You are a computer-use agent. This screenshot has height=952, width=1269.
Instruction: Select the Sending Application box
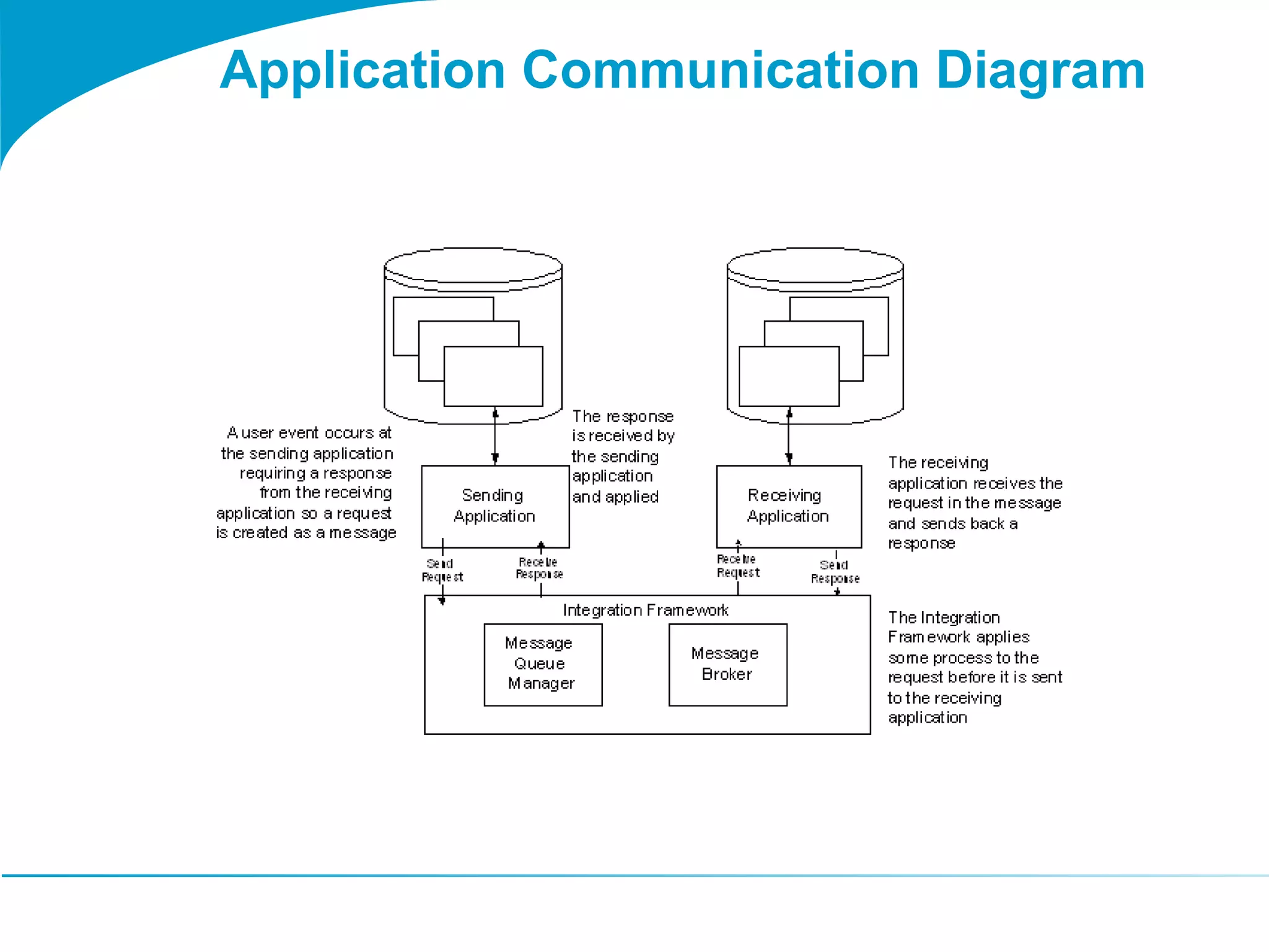(494, 506)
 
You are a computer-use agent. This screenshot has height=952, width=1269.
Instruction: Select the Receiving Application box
(788, 506)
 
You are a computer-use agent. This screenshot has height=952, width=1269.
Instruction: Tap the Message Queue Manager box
(542, 664)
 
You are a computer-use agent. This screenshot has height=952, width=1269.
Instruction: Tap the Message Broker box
(727, 664)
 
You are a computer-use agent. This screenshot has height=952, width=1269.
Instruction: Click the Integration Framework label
(645, 610)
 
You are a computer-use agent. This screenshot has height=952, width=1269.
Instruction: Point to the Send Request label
(442, 570)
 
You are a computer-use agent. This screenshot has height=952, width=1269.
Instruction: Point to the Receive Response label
(539, 568)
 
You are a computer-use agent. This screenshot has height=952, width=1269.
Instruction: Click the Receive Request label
(737, 566)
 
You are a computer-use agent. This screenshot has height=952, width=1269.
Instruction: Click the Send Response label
(835, 572)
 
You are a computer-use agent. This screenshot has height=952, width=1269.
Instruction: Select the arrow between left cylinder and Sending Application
(495, 436)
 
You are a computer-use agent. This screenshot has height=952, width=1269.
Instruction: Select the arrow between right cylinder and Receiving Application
(789, 436)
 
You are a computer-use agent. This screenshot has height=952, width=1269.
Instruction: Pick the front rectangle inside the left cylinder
(493, 376)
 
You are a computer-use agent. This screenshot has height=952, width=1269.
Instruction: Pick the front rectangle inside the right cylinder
(789, 376)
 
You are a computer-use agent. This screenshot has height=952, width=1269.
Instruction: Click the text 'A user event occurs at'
(309, 433)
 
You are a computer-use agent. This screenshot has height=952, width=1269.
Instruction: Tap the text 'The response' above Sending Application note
(622, 416)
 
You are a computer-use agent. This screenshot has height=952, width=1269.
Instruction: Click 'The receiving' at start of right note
(937, 463)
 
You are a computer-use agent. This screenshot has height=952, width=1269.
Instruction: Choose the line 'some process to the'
(963, 658)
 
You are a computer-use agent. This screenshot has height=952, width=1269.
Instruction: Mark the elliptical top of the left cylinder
(473, 266)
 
